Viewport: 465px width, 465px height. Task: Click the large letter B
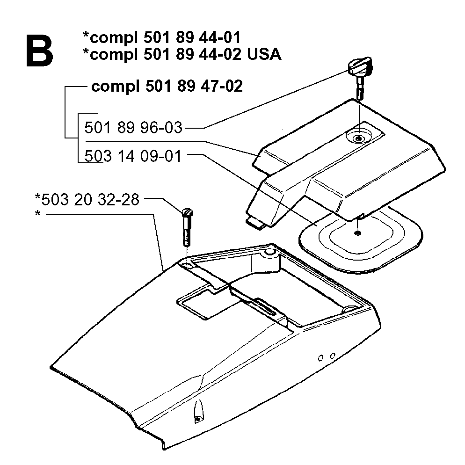point(39,51)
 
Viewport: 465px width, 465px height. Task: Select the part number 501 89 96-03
point(133,128)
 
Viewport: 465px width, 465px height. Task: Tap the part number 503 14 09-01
point(132,156)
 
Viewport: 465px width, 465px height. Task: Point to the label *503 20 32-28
point(87,199)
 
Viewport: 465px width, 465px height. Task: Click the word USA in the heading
point(264,54)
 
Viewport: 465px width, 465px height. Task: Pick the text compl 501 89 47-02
point(167,86)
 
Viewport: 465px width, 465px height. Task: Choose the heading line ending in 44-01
point(161,37)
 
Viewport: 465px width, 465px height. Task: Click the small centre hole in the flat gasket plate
point(358,233)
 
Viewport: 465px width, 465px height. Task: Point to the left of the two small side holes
point(320,358)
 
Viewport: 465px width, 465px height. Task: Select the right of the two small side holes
point(333,355)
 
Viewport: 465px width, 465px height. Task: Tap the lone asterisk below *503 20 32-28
point(37,213)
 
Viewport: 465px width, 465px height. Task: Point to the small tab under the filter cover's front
point(255,223)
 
